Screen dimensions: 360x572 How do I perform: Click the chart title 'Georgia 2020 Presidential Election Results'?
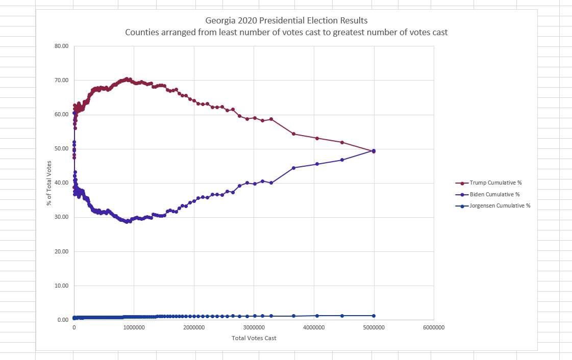click(x=286, y=21)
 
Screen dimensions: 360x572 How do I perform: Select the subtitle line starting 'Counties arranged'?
click(x=286, y=32)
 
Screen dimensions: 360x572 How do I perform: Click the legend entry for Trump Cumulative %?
click(x=495, y=183)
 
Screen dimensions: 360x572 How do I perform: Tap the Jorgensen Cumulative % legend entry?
click(x=500, y=205)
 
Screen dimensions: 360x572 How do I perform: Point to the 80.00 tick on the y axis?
click(x=62, y=46)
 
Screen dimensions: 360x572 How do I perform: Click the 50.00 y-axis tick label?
click(x=62, y=149)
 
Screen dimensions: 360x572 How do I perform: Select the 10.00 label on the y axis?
click(x=62, y=286)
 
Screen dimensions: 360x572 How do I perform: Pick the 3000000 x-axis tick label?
click(x=254, y=327)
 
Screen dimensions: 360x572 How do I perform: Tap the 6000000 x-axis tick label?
click(x=433, y=327)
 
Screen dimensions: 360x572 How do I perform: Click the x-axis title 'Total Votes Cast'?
click(x=254, y=338)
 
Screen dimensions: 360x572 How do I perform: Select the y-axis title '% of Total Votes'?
click(x=49, y=183)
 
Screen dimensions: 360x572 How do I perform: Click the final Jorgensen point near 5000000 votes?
click(x=374, y=316)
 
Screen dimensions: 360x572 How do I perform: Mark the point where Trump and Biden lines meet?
click(x=374, y=151)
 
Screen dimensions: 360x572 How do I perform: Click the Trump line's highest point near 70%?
click(x=126, y=79)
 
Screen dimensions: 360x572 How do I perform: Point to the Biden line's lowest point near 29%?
click(x=126, y=222)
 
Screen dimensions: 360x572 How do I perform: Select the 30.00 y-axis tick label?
click(x=62, y=217)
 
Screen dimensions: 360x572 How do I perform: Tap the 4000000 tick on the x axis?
click(x=313, y=327)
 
